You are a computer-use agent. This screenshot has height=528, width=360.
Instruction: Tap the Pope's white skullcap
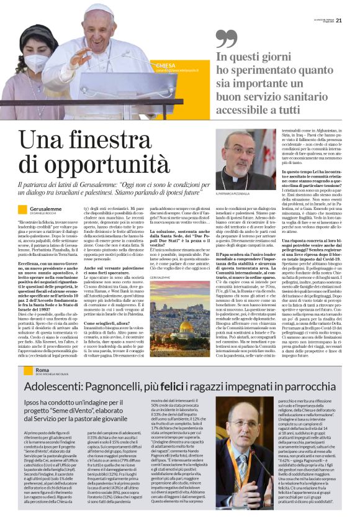[x=100, y=9]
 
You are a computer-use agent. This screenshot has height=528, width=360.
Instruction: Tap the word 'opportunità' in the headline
[x=94, y=165]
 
